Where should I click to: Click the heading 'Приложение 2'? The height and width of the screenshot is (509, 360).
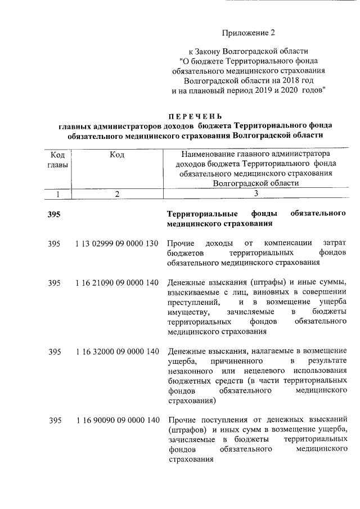coord(245,34)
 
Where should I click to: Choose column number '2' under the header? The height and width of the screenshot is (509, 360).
coord(116,193)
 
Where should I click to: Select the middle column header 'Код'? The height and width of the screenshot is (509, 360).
coord(117,154)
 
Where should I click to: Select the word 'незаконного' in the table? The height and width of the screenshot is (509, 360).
coord(190,372)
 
